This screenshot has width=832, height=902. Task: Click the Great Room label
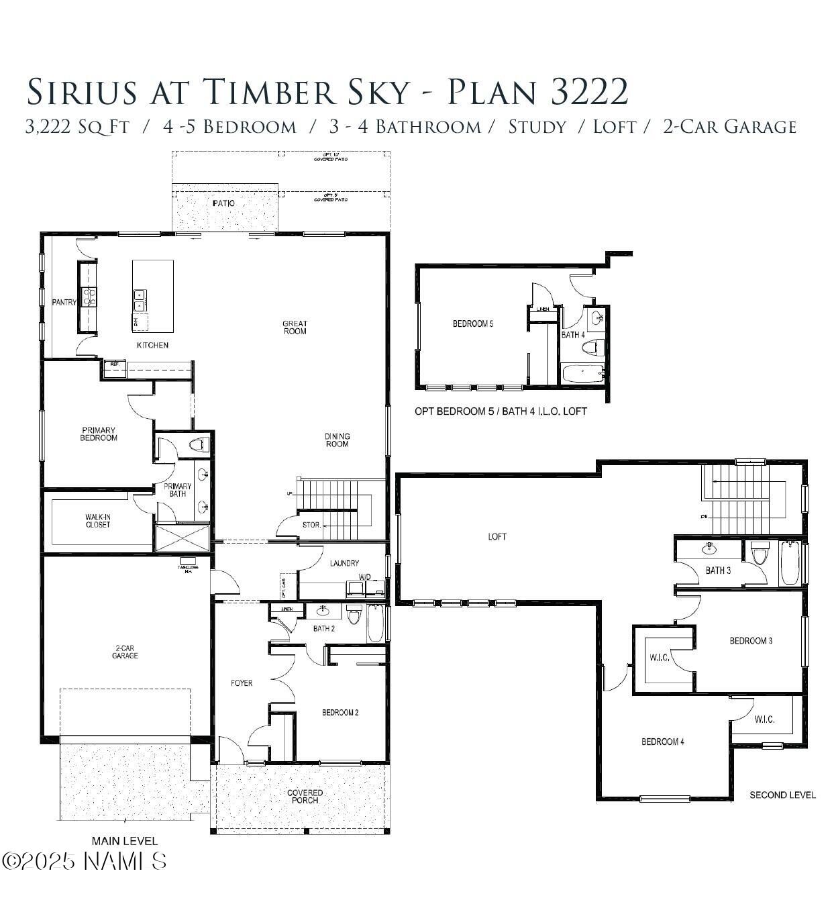(295, 328)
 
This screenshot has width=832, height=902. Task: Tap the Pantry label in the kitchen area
(64, 303)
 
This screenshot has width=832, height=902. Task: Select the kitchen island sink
(140, 300)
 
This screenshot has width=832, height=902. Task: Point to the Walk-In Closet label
(98, 521)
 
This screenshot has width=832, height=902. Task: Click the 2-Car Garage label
(125, 652)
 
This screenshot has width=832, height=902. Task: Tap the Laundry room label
(344, 563)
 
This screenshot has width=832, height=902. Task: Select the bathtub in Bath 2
(375, 623)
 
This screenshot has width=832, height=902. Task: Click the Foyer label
(242, 683)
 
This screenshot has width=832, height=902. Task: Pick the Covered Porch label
(305, 797)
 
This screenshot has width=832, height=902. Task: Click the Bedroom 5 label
(473, 324)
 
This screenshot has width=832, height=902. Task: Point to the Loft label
(497, 536)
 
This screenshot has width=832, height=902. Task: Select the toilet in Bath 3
(760, 556)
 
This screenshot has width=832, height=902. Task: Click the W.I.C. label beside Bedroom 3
(660, 658)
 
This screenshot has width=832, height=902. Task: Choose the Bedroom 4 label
(662, 742)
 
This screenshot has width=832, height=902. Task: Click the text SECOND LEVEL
(782, 795)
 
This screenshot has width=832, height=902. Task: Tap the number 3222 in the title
(589, 92)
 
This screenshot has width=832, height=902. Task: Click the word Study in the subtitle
(537, 127)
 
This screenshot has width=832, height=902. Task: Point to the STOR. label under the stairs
(312, 525)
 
